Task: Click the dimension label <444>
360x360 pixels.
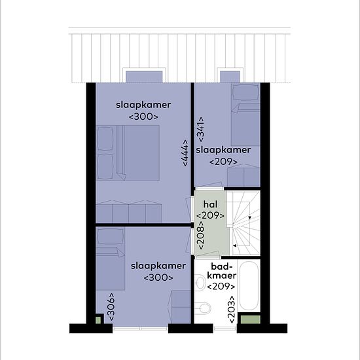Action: [185, 153]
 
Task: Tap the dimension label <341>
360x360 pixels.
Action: [200, 130]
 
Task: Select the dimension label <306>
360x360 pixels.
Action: [111, 307]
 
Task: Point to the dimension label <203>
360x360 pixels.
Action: [232, 309]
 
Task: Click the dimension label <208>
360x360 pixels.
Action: [200, 236]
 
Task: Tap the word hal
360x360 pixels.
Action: [210, 204]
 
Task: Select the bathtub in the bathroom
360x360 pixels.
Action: [249, 286]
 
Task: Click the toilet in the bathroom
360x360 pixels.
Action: [203, 308]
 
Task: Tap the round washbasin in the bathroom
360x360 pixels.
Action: [200, 283]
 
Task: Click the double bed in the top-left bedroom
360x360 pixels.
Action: [128, 153]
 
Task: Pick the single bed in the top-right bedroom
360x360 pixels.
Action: [245, 115]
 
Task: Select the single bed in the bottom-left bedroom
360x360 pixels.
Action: [111, 259]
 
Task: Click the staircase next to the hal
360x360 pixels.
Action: [243, 223]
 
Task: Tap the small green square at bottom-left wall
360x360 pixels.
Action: [98, 320]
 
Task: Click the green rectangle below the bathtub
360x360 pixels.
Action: [250, 319]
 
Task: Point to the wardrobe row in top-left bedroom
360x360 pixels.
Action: [129, 211]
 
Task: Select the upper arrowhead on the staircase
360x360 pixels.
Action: [250, 218]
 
